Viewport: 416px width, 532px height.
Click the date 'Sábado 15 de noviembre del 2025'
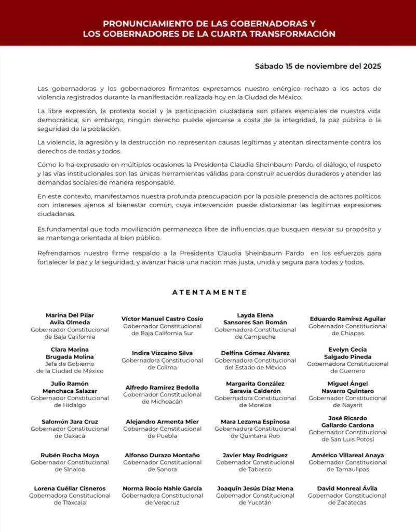tap(318, 66)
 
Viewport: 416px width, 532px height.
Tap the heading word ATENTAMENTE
tap(209, 292)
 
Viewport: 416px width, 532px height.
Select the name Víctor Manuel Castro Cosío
tap(162, 318)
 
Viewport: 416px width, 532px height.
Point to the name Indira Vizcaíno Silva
tap(162, 353)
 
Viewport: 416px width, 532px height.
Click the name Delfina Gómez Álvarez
tap(255, 353)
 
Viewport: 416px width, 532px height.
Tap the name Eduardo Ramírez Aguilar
tap(347, 318)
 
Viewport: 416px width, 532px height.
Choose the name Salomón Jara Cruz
tap(70, 421)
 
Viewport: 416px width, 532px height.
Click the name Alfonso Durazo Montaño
tap(162, 455)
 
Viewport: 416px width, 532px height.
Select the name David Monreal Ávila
tap(347, 488)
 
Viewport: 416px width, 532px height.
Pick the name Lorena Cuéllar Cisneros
tap(70, 488)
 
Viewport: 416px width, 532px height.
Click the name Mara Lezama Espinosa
tap(255, 421)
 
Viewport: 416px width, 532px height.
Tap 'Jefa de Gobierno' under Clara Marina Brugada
tap(70, 364)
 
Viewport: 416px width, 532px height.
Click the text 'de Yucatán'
tap(255, 503)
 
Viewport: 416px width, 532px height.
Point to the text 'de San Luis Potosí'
tap(347, 440)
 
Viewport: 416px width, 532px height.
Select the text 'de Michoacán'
tap(162, 402)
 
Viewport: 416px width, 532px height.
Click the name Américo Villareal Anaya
tap(347, 455)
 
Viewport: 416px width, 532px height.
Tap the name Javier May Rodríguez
tap(255, 455)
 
